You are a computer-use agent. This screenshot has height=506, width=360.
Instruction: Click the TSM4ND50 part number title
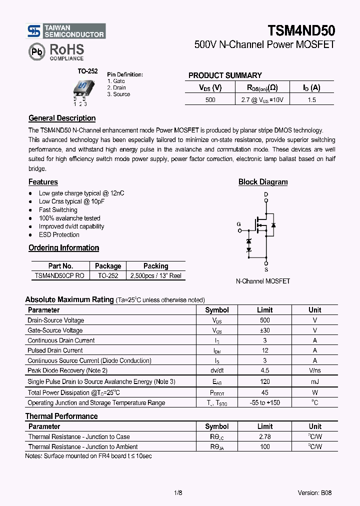[x=301, y=30]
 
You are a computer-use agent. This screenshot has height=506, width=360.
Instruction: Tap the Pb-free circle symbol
[x=36, y=51]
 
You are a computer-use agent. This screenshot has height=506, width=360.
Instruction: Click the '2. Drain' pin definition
[x=116, y=87]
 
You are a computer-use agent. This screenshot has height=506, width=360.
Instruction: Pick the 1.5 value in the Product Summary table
[x=311, y=100]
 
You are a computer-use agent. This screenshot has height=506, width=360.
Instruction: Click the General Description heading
[x=62, y=118]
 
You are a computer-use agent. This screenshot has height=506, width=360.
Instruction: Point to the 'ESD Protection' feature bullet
[x=59, y=235]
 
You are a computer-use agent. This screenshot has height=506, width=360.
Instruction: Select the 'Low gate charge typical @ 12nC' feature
[x=81, y=193]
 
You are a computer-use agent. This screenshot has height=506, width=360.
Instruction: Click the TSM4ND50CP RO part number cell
[x=59, y=276]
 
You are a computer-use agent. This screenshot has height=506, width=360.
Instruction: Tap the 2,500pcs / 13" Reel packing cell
[x=155, y=276]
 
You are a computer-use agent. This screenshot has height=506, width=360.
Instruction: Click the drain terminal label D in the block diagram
[x=266, y=194]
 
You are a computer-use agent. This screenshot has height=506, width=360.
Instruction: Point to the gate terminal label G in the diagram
[x=238, y=224]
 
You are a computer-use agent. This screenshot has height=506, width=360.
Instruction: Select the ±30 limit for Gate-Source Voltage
[x=265, y=330]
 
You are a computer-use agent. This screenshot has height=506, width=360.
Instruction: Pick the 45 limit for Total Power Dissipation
[x=265, y=393]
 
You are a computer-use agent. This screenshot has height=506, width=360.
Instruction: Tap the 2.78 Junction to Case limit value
[x=265, y=437]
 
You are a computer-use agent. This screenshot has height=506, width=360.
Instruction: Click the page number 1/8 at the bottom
[x=178, y=493]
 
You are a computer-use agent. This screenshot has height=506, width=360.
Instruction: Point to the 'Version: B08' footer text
[x=314, y=493]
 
